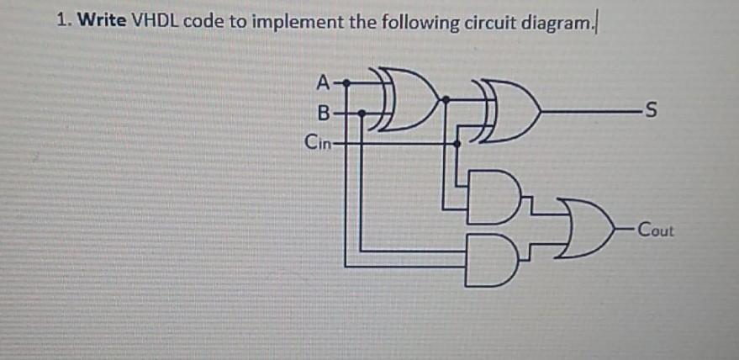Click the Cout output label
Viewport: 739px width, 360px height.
(656, 228)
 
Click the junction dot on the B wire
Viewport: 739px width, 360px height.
(362, 111)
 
